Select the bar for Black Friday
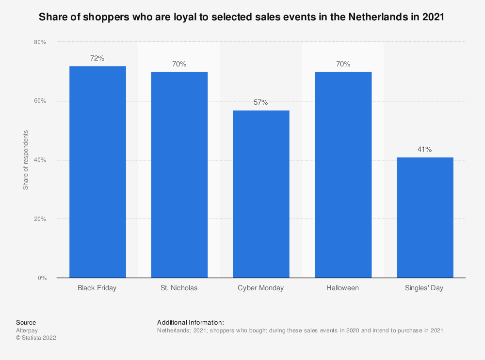pyautogui.click(x=97, y=172)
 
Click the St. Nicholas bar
pyautogui.click(x=179, y=175)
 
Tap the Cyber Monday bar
pyautogui.click(x=261, y=194)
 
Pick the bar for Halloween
pyautogui.click(x=343, y=175)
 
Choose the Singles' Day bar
pyautogui.click(x=425, y=218)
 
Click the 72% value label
pyautogui.click(x=97, y=58)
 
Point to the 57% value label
pyautogui.click(x=261, y=103)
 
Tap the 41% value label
pyautogui.click(x=425, y=150)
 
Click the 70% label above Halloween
pyautogui.click(x=343, y=64)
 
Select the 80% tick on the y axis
pyautogui.click(x=40, y=42)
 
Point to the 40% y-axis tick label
pyautogui.click(x=40, y=160)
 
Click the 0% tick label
pyautogui.click(x=42, y=278)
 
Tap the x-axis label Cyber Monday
pyautogui.click(x=261, y=288)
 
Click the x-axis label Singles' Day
pyautogui.click(x=425, y=288)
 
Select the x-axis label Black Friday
pyautogui.click(x=97, y=288)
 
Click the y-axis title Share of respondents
pyautogui.click(x=26, y=160)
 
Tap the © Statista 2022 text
pyautogui.click(x=36, y=338)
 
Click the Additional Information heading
pyautogui.click(x=191, y=322)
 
